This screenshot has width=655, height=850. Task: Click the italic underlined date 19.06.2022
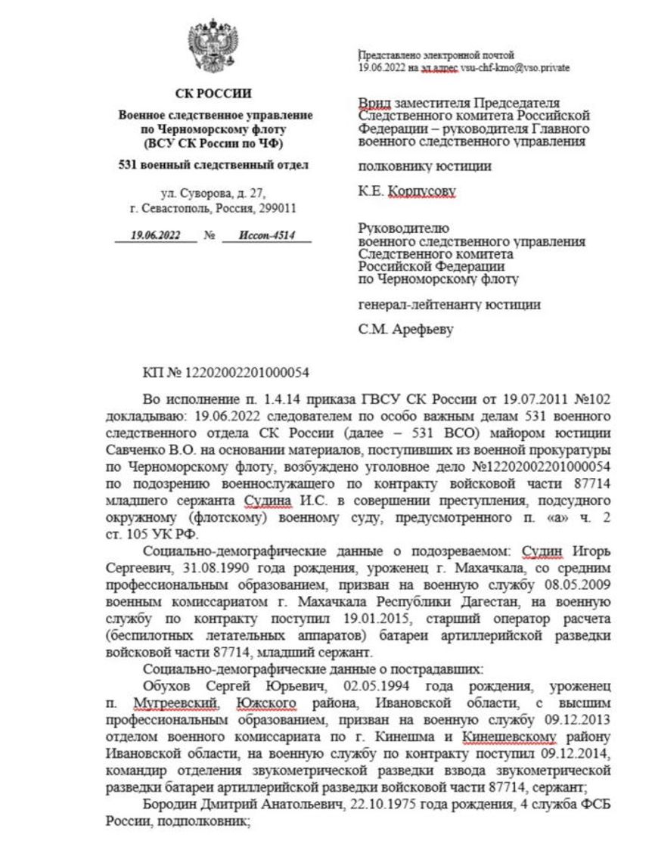pos(155,235)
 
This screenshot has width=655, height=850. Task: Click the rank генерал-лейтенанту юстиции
pos(449,305)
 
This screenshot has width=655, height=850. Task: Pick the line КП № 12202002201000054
pos(225,373)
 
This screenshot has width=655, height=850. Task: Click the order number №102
pos(591,398)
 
